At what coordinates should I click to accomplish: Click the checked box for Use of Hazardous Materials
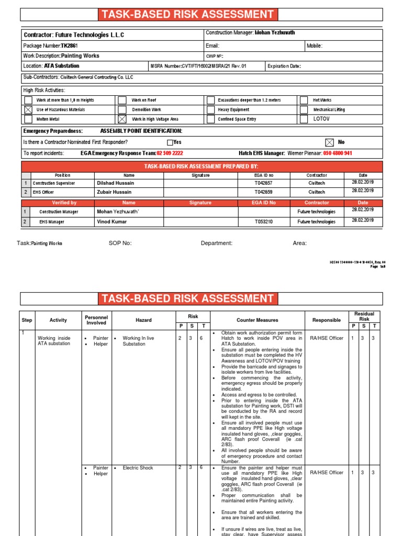[28, 110]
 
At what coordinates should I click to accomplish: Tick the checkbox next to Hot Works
[304, 100]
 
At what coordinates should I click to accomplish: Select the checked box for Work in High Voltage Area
[122, 119]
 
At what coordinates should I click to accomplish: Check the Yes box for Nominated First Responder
[170, 142]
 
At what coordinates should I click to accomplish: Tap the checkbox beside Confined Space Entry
[210, 119]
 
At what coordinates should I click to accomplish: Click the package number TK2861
[69, 46]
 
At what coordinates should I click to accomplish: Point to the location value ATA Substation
[62, 66]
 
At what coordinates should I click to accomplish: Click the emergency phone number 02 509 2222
[170, 153]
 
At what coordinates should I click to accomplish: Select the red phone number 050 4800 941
[338, 153]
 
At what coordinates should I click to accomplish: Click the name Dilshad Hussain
[115, 183]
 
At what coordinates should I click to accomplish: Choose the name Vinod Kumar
[112, 221]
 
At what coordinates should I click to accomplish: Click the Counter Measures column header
[258, 320]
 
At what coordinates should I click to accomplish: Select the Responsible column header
[326, 320]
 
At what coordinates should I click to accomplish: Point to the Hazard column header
[143, 320]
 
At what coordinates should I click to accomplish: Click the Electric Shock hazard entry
[138, 468]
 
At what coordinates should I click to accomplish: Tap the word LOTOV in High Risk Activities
[321, 119]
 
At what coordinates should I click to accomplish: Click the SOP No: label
[120, 243]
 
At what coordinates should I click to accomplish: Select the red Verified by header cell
[64, 203]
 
